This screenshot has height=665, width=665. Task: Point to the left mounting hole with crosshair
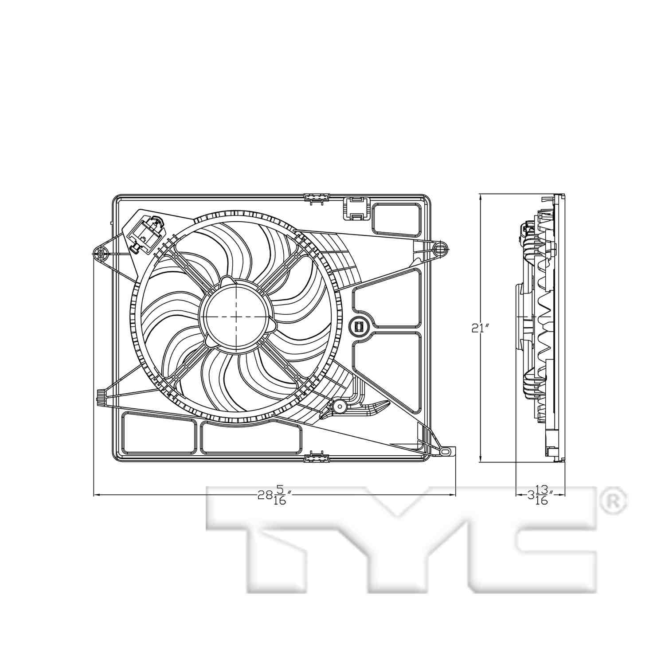(101, 254)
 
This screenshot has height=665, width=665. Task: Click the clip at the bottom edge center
(317, 457)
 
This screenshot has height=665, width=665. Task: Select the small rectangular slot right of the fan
(359, 327)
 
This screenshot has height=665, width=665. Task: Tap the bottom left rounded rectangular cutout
(159, 433)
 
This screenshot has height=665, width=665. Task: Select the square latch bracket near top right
(357, 208)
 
